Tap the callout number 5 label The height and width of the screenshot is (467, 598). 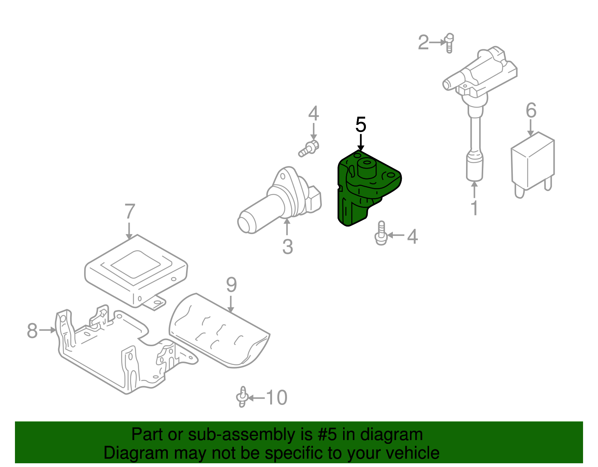click(361, 125)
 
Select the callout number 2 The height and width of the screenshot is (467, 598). click(423, 42)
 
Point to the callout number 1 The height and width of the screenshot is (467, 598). click(474, 208)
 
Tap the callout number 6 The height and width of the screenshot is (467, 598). click(531, 110)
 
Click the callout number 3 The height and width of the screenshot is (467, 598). click(287, 246)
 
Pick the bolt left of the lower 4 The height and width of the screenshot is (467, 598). click(381, 234)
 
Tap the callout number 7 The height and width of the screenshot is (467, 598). click(129, 212)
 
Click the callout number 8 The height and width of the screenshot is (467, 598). click(33, 331)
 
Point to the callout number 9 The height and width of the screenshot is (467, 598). click(231, 285)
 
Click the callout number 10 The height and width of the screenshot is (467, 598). click(277, 397)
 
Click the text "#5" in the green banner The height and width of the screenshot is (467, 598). click(328, 435)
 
